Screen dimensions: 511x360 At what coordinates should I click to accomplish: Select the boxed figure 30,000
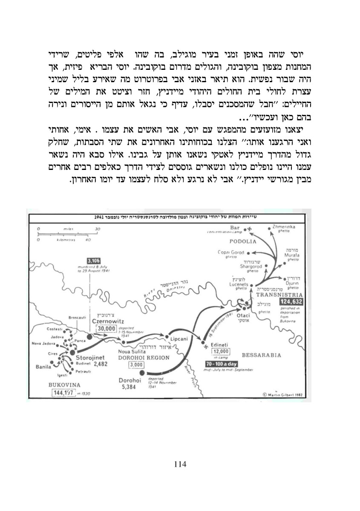point(107,328)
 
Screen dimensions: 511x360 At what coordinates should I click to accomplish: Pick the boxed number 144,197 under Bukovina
point(63,392)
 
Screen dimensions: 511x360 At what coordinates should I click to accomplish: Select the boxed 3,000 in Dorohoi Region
point(137,365)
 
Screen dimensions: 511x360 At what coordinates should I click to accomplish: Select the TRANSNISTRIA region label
point(276,294)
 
